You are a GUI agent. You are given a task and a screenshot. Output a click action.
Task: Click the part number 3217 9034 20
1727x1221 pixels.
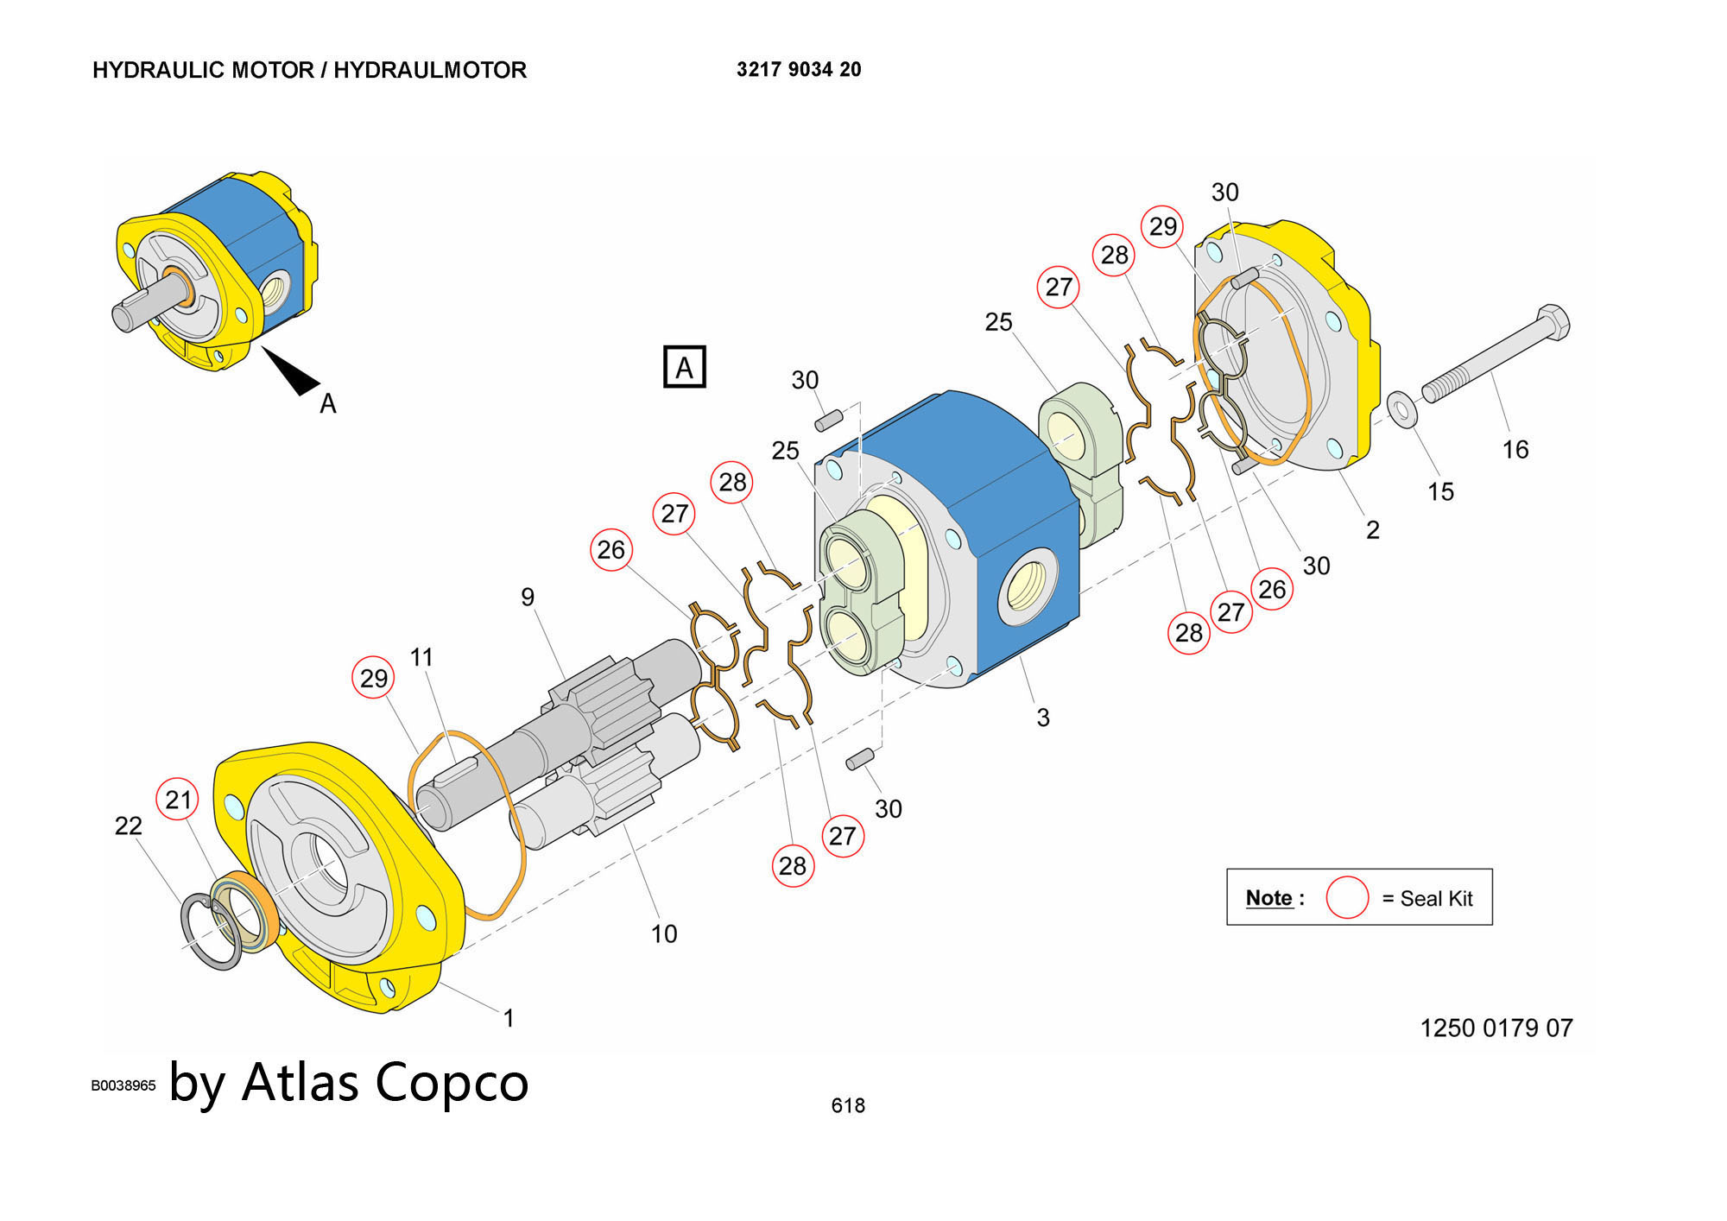[799, 70]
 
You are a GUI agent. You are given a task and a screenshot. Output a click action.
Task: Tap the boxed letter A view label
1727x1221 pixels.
[684, 367]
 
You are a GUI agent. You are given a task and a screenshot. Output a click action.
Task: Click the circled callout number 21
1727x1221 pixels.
[178, 800]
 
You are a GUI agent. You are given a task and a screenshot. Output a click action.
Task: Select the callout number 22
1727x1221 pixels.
[129, 826]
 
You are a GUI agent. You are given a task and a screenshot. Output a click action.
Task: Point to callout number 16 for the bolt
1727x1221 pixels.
[1515, 450]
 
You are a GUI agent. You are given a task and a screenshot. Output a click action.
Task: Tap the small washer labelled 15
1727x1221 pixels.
[1401, 408]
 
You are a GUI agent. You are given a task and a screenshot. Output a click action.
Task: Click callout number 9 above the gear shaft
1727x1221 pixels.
[528, 598]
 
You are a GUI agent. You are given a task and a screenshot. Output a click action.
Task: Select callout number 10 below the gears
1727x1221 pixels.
[664, 934]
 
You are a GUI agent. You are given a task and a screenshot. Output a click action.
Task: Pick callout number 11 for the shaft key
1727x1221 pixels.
[421, 658]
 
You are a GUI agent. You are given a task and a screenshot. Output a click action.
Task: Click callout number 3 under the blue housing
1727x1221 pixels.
[1043, 718]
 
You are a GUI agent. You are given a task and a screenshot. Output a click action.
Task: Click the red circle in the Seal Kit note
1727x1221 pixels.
[1347, 898]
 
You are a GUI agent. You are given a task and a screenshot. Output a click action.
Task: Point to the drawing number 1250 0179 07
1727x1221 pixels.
[1496, 1028]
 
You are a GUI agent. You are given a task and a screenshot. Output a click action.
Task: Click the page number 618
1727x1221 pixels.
[848, 1106]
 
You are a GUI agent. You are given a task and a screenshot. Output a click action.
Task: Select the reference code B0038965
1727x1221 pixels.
[123, 1085]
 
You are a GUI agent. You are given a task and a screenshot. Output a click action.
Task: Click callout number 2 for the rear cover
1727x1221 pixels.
[1373, 530]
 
